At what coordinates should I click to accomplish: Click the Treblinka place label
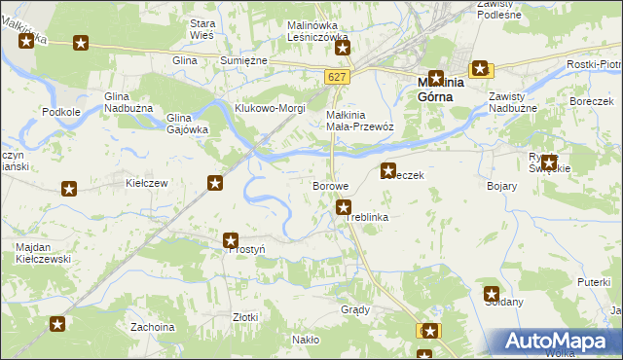(367, 217)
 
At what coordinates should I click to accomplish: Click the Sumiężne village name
(243, 60)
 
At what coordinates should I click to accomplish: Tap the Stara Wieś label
(202, 28)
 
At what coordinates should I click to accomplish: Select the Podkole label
(60, 112)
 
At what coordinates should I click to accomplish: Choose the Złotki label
(245, 317)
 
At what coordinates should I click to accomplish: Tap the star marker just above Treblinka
(344, 206)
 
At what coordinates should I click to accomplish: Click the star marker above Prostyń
(231, 240)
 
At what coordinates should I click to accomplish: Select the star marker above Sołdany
(492, 293)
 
